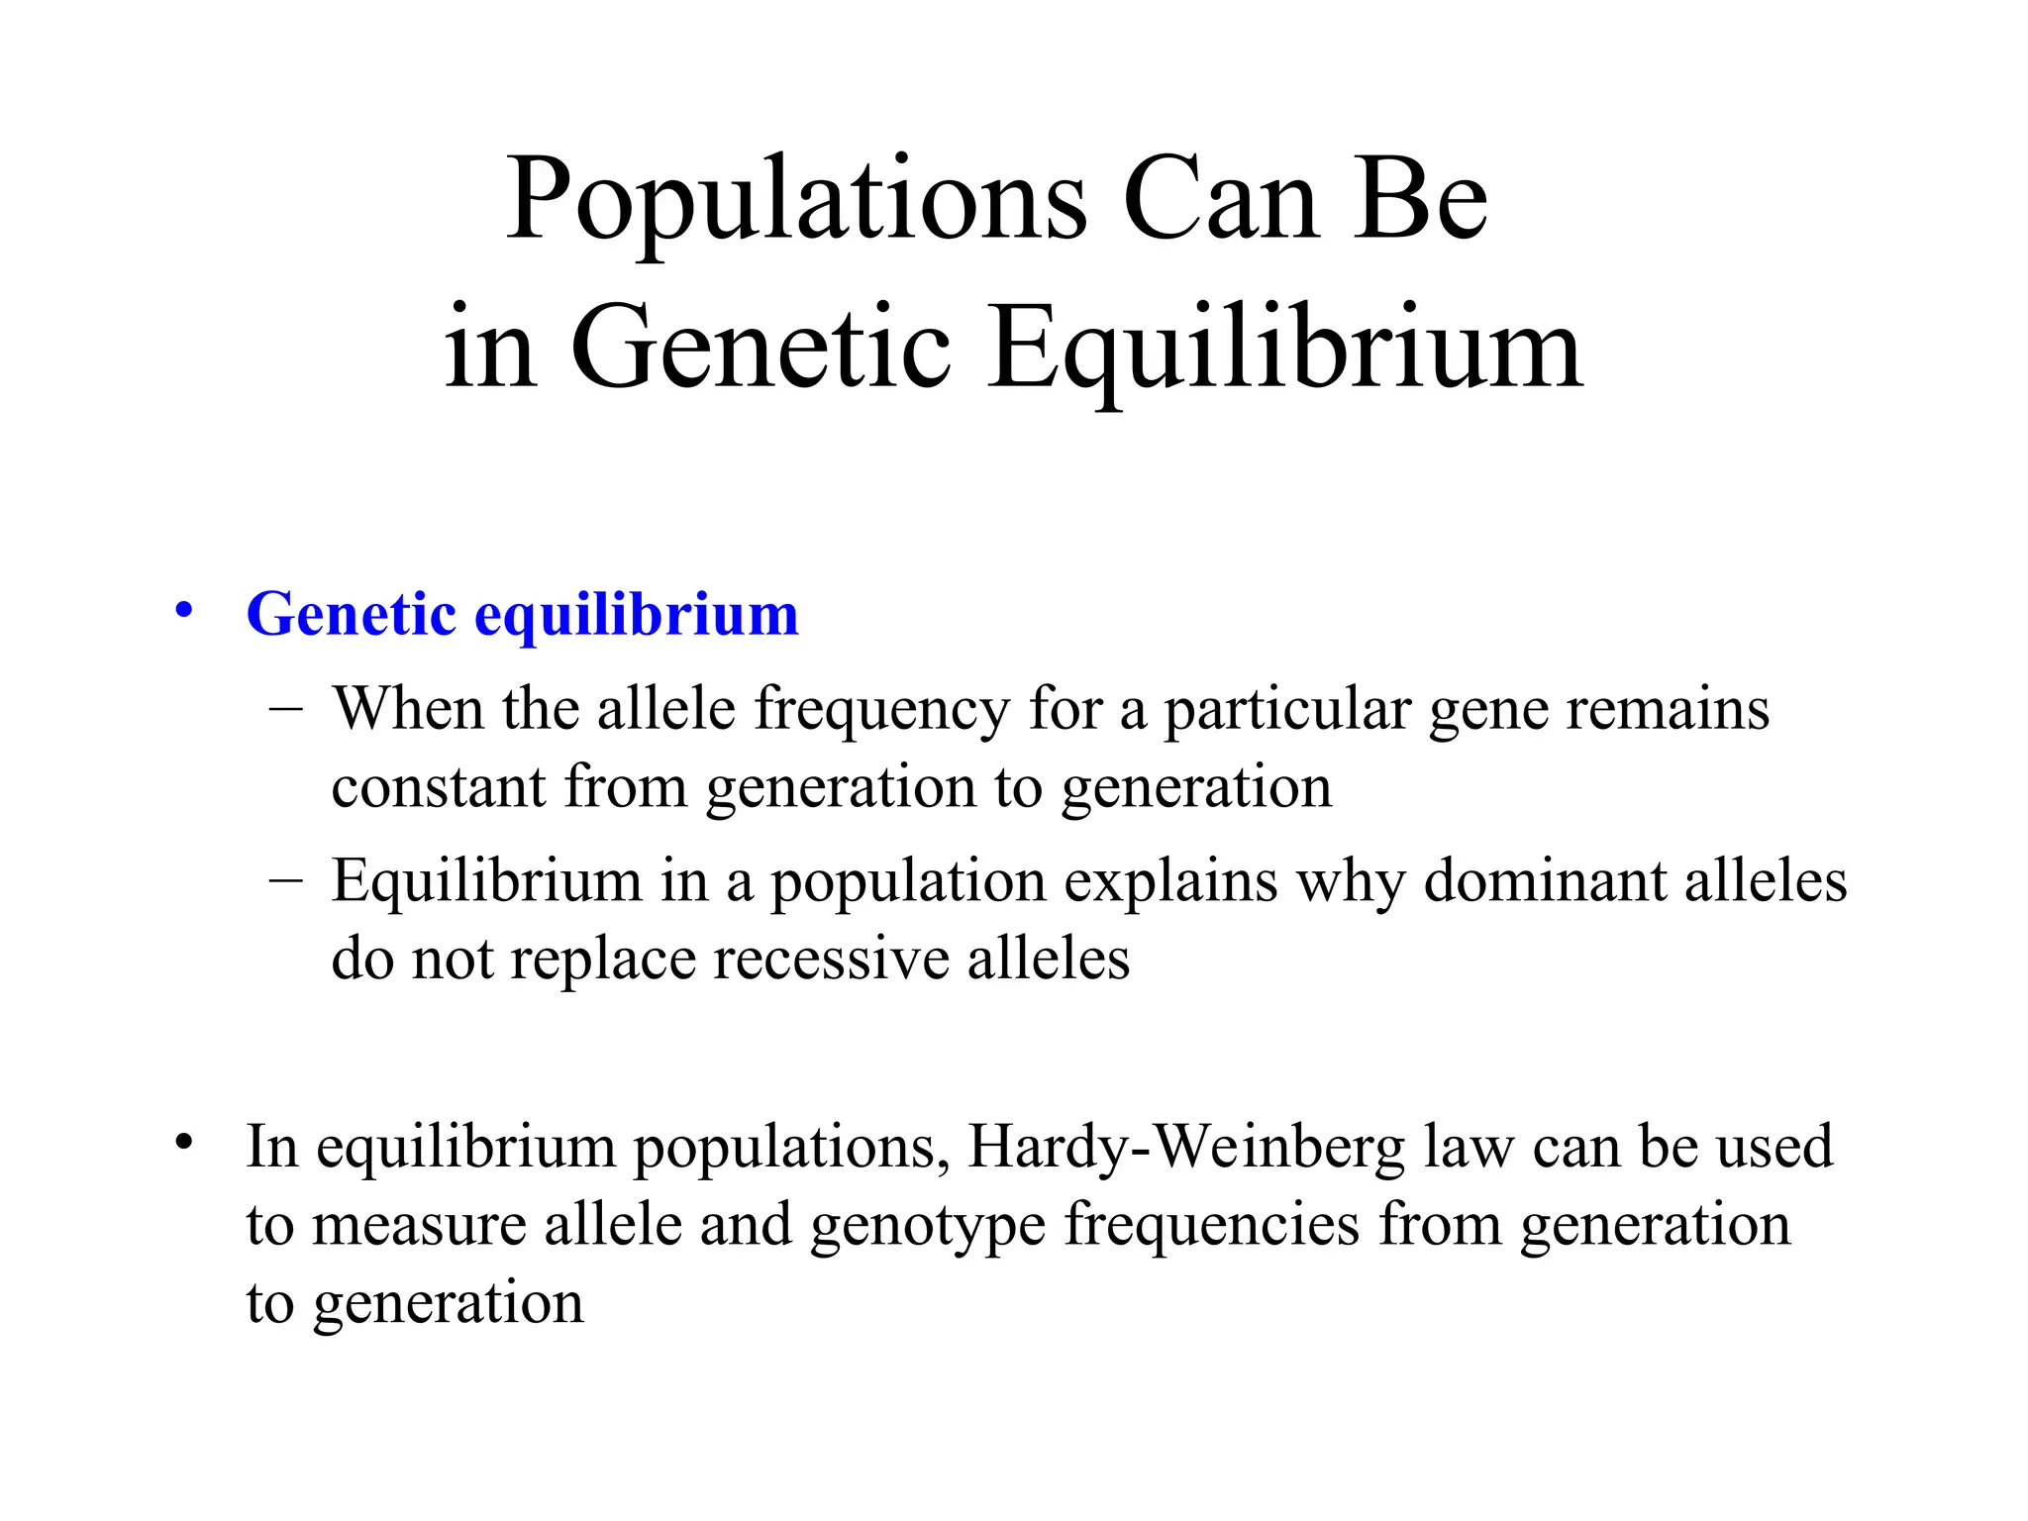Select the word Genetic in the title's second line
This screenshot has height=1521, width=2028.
click(760, 349)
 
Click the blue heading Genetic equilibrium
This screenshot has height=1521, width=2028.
click(522, 616)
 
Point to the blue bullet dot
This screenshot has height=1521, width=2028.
click(183, 610)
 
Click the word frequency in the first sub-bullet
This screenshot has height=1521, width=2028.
click(881, 711)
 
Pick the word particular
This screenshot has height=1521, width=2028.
click(1286, 711)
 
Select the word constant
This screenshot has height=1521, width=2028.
click(438, 788)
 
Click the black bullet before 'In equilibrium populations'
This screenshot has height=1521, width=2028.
click(183, 1143)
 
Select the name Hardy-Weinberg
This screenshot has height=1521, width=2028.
click(1185, 1147)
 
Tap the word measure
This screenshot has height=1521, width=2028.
click(418, 1226)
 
